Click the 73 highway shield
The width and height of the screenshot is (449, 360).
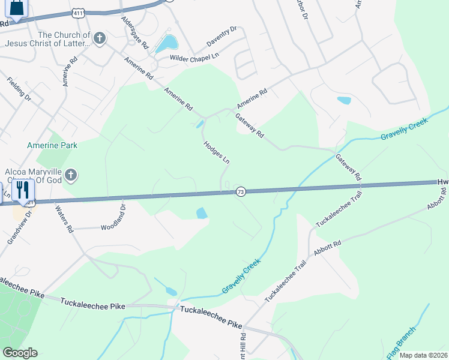click(241, 191)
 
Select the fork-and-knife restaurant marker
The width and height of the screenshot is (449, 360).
click(23, 190)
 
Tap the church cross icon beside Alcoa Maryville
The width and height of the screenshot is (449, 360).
click(71, 175)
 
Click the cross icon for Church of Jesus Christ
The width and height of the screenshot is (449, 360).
click(100, 39)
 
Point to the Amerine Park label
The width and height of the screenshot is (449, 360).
click(52, 145)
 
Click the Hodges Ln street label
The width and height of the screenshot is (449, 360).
click(217, 152)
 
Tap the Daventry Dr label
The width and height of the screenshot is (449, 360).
click(222, 37)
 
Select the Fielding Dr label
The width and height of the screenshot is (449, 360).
click(19, 88)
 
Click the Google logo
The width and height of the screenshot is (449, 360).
click(20, 353)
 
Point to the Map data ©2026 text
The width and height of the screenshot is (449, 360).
click(423, 355)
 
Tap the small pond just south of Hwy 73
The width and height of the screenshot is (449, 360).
click(202, 213)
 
